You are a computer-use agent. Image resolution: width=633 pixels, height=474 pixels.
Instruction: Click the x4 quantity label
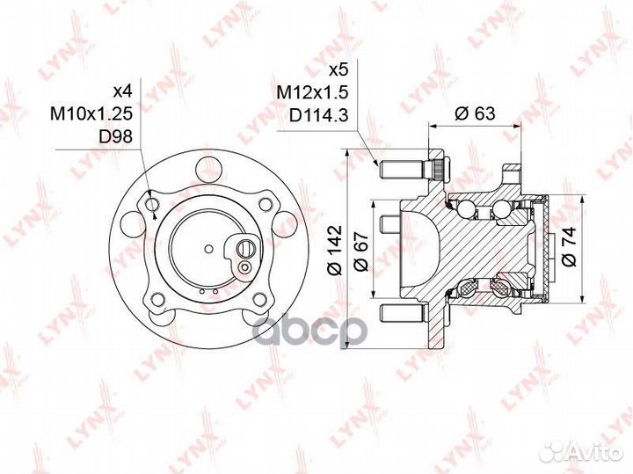pyautogui.click(x=122, y=91)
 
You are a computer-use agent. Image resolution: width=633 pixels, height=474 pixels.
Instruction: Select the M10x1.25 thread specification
pyautogui.click(x=91, y=113)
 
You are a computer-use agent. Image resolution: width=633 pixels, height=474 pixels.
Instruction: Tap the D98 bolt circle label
pyautogui.click(x=115, y=137)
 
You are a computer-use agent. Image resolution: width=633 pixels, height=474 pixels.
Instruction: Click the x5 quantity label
pyautogui.click(x=338, y=70)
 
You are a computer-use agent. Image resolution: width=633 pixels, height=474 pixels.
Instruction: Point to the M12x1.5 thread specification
pyautogui.click(x=312, y=93)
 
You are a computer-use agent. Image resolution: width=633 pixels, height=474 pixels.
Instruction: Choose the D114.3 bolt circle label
pyautogui.click(x=318, y=115)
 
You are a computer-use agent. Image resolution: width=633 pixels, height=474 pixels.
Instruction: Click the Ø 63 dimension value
pyautogui.click(x=475, y=113)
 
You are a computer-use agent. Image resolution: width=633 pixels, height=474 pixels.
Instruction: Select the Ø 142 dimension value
pyautogui.click(x=335, y=251)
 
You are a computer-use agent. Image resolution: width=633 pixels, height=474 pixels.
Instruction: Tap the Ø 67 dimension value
pyautogui.click(x=361, y=252)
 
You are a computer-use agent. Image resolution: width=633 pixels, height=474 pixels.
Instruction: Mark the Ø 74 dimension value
pyautogui.click(x=569, y=246)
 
